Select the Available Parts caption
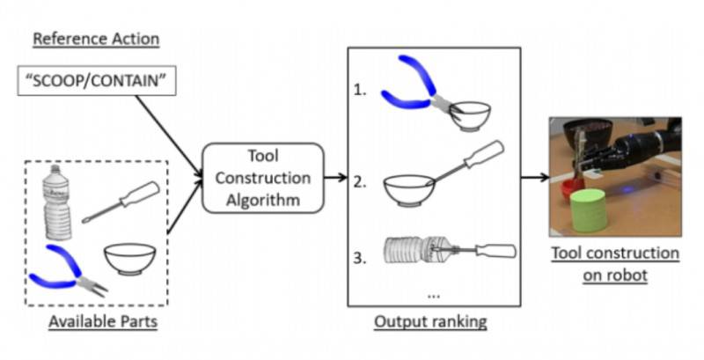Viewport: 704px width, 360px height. click(104, 322)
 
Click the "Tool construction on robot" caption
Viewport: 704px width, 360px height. click(615, 263)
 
